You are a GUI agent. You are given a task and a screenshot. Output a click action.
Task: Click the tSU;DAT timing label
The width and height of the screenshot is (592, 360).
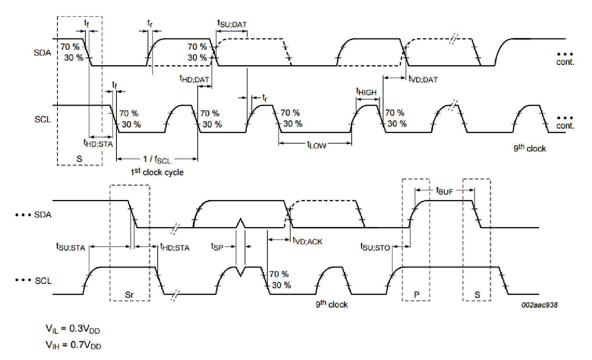[232, 24]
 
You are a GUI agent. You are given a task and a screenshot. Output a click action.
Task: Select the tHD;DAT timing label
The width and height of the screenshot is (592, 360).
[194, 79]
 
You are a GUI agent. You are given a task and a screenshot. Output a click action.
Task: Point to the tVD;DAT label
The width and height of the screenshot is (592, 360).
[423, 79]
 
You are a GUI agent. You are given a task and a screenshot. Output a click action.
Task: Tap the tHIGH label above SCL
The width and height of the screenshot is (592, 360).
[366, 92]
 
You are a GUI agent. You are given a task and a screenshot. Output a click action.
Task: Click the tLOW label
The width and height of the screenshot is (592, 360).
[317, 144]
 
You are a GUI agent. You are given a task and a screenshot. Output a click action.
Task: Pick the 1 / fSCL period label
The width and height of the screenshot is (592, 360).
[157, 159]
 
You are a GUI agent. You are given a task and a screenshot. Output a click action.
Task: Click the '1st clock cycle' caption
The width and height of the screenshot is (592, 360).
[157, 172]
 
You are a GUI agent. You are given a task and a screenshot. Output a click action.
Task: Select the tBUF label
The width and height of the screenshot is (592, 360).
[444, 191]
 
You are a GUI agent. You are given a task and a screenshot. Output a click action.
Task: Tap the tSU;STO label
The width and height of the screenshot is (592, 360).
[375, 247]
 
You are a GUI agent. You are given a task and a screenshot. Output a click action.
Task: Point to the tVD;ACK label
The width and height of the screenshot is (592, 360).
[307, 241]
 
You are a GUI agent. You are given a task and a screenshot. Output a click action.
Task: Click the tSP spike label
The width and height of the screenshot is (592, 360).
[217, 247]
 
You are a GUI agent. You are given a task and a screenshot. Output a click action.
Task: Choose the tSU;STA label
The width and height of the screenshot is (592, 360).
[71, 247]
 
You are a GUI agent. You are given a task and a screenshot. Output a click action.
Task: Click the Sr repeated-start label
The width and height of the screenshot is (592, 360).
[129, 294]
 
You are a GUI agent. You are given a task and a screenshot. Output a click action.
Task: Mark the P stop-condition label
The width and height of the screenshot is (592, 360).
[417, 294]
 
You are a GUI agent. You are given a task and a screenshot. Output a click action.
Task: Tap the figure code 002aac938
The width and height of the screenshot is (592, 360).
[540, 305]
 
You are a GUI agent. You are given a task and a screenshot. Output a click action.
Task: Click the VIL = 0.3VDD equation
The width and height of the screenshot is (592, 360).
[73, 329]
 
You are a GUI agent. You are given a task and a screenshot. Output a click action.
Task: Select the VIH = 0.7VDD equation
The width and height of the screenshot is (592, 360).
[73, 345]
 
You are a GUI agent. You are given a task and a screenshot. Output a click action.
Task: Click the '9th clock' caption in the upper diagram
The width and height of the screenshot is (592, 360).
[530, 148]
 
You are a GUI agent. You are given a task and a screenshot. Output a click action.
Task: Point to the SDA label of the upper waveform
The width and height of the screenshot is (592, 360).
[42, 52]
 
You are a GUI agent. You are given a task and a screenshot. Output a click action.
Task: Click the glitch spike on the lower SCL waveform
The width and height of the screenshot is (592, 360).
[241, 271]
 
